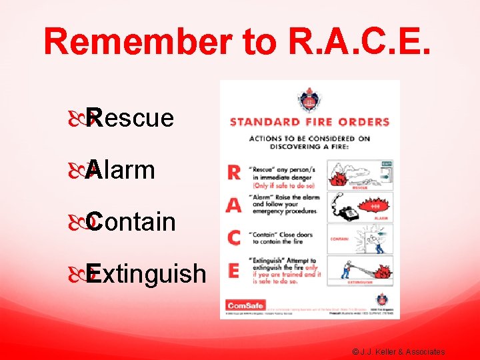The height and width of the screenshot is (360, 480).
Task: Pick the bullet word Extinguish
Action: click(x=145, y=273)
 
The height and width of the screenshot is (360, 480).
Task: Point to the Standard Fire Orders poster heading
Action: click(x=309, y=122)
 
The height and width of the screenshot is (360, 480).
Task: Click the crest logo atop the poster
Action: click(x=309, y=101)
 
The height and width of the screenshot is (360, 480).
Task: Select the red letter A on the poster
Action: click(x=233, y=205)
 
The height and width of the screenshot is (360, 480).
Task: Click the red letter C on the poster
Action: click(x=234, y=237)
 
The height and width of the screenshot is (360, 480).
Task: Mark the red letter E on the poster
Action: click(x=234, y=269)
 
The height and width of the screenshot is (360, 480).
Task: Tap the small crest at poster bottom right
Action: click(x=381, y=299)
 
